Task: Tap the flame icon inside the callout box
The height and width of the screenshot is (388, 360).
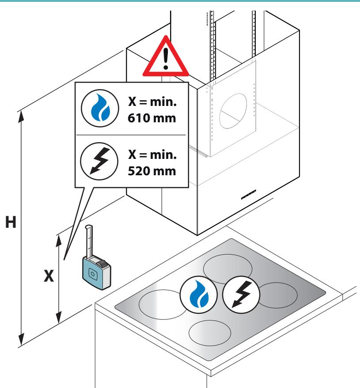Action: pos(100,109)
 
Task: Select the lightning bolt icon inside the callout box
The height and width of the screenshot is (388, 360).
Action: pos(99,162)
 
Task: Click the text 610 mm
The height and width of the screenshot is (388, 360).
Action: pos(152,118)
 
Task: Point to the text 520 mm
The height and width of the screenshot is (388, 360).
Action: pos(152,171)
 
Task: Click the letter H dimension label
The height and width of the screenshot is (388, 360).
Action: pos(11,222)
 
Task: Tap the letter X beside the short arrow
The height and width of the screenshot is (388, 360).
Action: pos(49,275)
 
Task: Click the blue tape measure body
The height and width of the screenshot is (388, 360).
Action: pos(97,272)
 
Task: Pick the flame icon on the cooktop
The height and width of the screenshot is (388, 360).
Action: pos(199,295)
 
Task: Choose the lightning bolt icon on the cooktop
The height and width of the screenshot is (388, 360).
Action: pos(241,295)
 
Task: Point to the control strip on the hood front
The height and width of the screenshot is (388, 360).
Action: pos(248,195)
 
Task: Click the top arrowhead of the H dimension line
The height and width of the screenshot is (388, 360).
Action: pos(21,116)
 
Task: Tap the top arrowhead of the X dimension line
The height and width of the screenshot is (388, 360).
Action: pos(59,241)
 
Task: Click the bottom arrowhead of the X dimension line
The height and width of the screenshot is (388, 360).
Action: pos(59,318)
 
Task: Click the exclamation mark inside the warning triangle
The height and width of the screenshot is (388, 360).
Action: pos(166,58)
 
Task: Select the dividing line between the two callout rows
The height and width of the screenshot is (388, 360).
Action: pos(131,135)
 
